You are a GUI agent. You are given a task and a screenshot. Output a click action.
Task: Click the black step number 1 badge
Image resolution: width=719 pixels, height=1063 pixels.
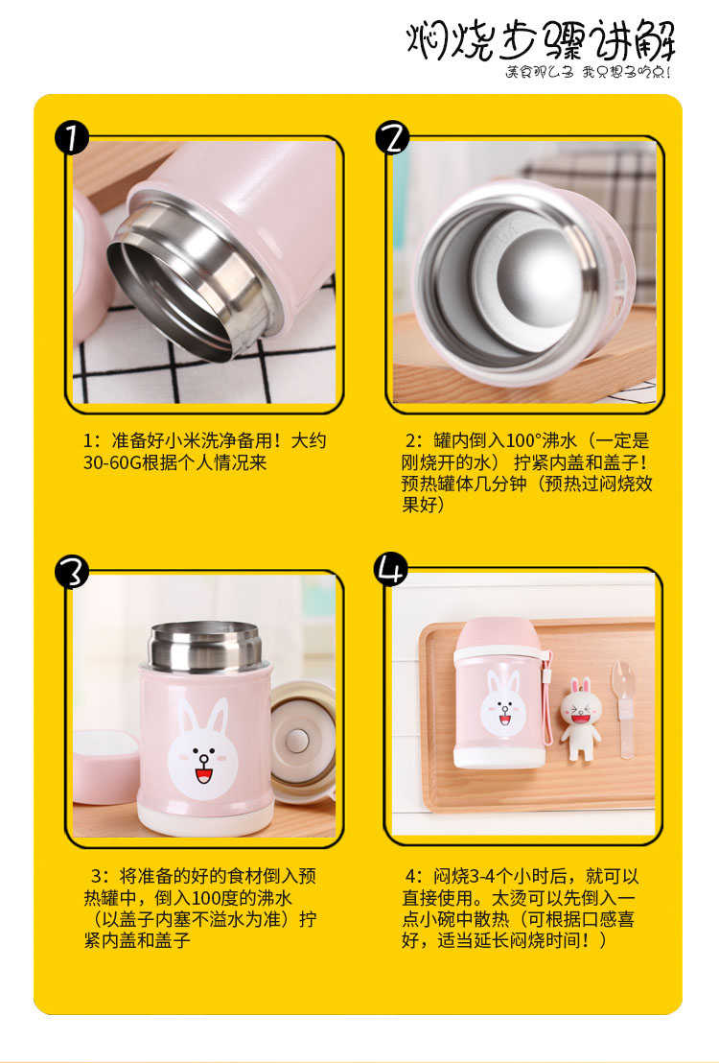click(72, 137)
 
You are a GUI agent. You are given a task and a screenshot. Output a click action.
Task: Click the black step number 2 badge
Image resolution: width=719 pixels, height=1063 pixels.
click(392, 137)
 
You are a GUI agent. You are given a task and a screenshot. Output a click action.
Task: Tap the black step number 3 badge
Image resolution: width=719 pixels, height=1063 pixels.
click(72, 572)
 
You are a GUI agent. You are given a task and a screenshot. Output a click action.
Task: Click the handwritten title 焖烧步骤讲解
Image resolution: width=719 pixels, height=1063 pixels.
click(541, 40)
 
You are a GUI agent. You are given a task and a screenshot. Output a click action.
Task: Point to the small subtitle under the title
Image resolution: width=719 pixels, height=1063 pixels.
click(589, 72)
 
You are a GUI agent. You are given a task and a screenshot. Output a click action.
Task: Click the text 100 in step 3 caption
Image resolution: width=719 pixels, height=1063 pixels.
click(205, 898)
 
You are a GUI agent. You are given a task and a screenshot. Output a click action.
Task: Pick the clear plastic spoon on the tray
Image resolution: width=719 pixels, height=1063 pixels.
click(624, 708)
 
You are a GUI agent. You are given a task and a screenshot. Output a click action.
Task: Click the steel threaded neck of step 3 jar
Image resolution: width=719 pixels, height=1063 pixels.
click(205, 648)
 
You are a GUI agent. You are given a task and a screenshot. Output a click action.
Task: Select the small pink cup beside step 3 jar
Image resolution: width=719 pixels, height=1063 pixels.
click(106, 767)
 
